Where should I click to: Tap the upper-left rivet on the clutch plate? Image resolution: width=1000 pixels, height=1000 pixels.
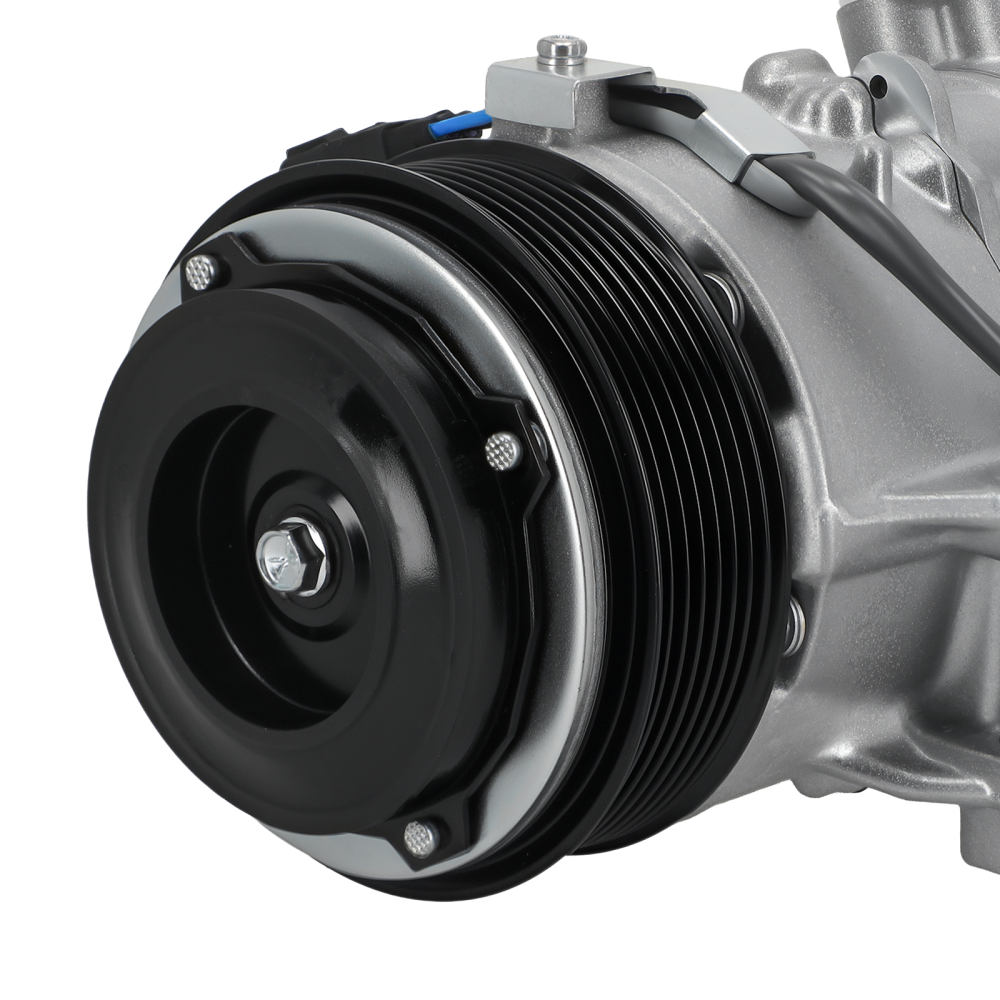click(201, 272)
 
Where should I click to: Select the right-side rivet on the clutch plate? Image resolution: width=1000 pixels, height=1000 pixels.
click(503, 451)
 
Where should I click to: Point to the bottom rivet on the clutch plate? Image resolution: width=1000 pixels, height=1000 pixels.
click(421, 838)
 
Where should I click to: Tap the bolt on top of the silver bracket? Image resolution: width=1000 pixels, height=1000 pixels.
click(561, 49)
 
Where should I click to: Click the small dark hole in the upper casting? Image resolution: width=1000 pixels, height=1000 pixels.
click(878, 88)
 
